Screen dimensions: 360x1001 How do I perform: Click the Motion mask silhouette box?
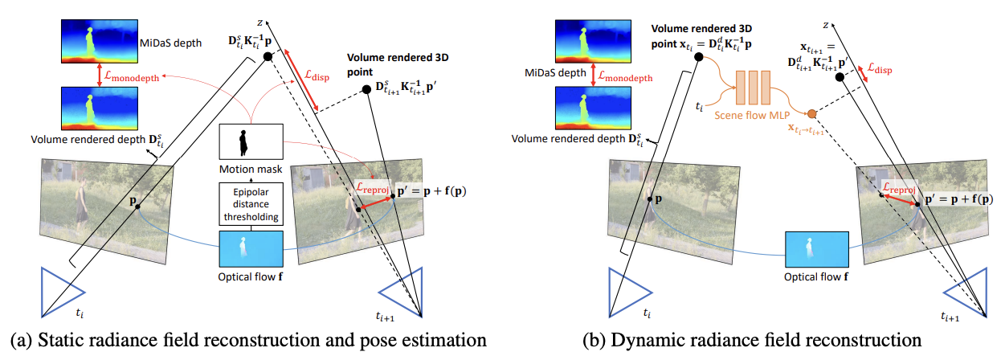coord(251,142)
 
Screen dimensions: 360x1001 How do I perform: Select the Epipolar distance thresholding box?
coord(251,204)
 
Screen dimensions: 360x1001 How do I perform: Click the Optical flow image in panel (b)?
coord(816,247)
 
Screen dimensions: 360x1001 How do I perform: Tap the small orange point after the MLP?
coord(812,112)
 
